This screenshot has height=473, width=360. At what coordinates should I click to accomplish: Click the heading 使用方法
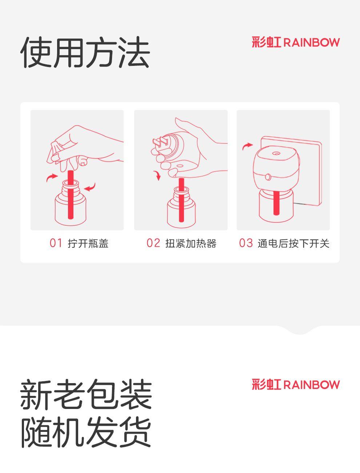(85, 52)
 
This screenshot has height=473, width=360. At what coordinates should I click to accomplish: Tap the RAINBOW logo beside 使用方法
(296, 42)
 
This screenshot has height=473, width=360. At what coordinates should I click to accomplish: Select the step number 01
(56, 243)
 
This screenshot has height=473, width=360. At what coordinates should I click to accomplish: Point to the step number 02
(153, 243)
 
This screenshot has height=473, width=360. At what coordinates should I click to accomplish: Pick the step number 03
(246, 243)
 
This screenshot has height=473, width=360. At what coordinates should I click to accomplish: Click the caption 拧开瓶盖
(88, 243)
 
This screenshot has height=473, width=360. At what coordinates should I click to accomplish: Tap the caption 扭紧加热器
(191, 243)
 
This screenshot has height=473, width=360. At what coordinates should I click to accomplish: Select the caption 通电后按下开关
(293, 243)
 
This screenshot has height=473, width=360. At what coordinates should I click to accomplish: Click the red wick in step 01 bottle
(71, 195)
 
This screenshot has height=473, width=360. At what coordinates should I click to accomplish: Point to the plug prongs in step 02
(160, 142)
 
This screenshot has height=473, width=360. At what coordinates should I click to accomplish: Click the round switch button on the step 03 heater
(268, 177)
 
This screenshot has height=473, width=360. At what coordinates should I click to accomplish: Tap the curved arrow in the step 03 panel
(247, 146)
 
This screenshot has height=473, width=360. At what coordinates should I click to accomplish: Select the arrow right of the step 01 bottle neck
(90, 187)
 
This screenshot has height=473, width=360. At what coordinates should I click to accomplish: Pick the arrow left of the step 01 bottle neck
(52, 178)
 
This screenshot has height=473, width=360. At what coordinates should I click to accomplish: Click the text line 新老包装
(86, 396)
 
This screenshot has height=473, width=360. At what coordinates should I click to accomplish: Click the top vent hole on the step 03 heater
(275, 154)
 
